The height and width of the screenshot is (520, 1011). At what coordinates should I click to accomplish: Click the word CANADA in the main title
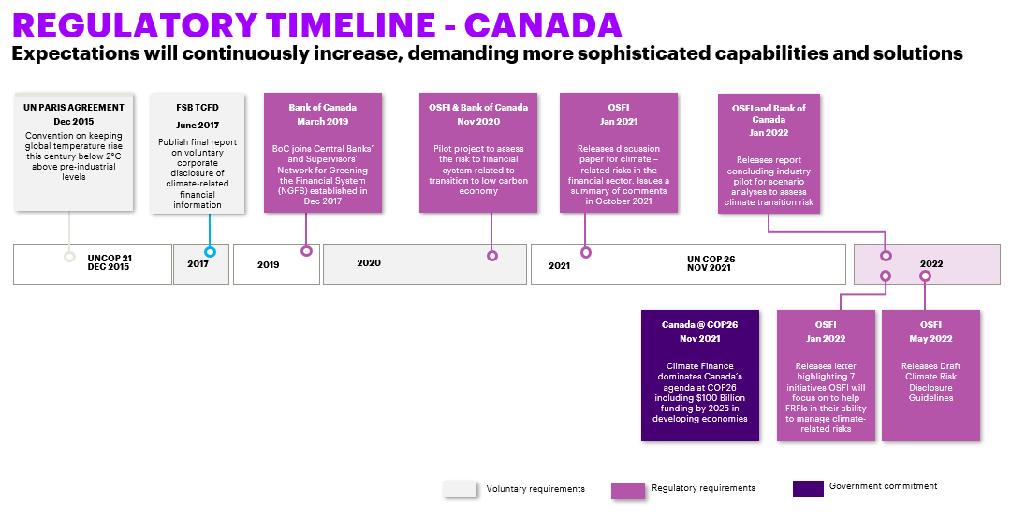coord(543,25)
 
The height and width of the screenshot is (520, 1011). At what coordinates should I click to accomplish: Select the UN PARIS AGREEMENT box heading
coord(74,107)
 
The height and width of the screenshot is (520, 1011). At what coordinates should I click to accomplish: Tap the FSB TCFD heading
coord(198,108)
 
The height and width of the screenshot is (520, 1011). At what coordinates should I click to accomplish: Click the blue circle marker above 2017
coord(210,252)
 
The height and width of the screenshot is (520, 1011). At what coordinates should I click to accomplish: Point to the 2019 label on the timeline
coord(269,264)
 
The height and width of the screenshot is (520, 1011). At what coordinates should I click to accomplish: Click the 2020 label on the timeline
coord(369,263)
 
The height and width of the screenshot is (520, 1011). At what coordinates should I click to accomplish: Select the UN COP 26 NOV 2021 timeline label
coord(711,263)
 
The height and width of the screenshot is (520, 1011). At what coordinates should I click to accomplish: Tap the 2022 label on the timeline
coord(931,264)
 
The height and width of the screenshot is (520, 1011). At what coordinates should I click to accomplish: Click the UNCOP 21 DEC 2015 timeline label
coord(109,262)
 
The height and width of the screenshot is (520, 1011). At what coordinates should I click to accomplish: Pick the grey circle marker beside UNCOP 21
coord(69,256)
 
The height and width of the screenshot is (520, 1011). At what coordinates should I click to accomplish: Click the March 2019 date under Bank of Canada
coord(322,121)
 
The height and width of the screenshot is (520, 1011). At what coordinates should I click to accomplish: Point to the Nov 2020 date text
coord(478,121)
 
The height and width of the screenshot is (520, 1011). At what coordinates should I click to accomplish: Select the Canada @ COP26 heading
coord(699,324)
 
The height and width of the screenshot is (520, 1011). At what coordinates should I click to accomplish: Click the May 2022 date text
coord(930,339)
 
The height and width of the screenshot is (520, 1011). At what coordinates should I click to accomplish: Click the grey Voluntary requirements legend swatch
coord(460,489)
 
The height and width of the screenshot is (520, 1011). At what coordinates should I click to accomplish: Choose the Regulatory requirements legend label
coord(703,488)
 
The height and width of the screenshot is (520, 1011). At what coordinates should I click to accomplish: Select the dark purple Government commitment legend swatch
coord(808,488)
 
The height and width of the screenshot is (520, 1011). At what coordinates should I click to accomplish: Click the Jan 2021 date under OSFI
coord(619,121)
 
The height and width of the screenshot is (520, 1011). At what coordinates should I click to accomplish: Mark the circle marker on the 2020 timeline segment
coord(492,256)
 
